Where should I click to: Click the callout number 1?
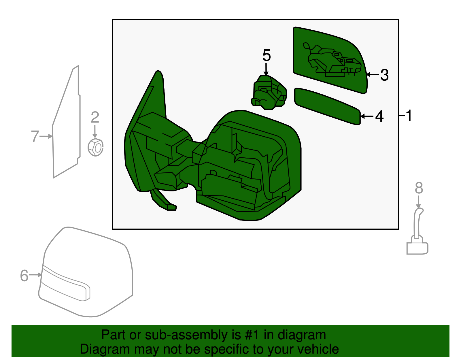(x=409, y=116)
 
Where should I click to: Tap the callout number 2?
(x=95, y=117)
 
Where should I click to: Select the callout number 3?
(x=384, y=75)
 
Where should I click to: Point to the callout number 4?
(x=379, y=116)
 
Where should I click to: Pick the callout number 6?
(x=24, y=276)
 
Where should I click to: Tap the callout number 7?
(x=35, y=136)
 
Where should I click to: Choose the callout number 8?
(x=419, y=188)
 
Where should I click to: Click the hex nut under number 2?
(x=95, y=147)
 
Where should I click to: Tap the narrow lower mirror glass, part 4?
(x=327, y=106)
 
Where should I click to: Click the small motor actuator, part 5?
(x=269, y=93)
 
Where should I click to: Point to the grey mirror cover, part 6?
(x=86, y=272)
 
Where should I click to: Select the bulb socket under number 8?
(x=417, y=231)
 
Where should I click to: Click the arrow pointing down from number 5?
(x=266, y=69)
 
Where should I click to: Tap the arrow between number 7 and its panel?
(x=46, y=136)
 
